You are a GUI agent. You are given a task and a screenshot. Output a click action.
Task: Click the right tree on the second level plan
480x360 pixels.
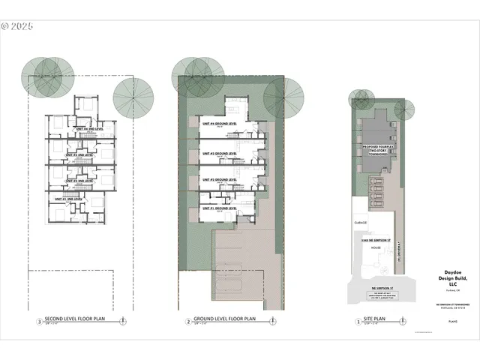tap(133, 96)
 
